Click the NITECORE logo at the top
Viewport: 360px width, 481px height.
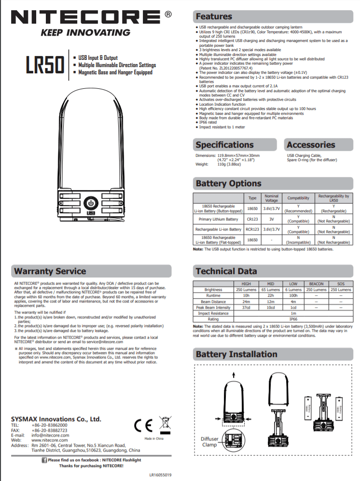pos(87,18)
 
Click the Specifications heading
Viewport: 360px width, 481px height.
pos(224,145)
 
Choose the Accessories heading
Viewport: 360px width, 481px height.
pos(310,145)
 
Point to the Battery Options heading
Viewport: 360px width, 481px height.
pos(228,183)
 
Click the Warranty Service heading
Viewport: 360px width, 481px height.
pos(50,271)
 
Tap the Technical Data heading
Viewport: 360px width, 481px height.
pos(226,271)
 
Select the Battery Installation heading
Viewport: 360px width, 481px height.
pos(236,355)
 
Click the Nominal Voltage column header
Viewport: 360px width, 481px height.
pos(272,198)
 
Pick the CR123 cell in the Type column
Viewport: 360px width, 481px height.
pos(252,219)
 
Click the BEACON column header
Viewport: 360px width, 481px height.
pos(316,284)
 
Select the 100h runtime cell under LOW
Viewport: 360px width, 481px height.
pos(293,295)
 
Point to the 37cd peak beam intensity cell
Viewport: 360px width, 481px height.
pos(246,307)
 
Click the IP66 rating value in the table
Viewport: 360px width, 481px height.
pos(293,319)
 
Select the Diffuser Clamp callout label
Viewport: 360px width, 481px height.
pos(209,442)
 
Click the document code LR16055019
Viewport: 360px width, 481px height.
pos(160,475)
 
